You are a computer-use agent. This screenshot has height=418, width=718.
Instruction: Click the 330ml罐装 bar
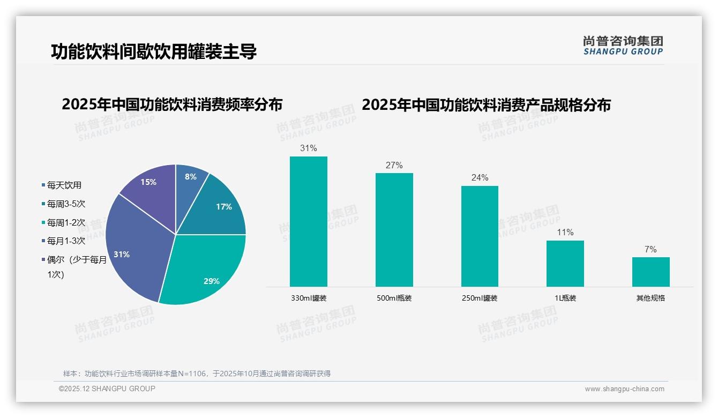tap(308, 221)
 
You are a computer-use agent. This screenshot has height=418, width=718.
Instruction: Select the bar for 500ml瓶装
tap(394, 229)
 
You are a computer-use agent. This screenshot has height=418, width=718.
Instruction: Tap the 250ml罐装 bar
tap(480, 236)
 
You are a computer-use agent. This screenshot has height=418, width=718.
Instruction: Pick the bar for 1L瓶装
tap(565, 263)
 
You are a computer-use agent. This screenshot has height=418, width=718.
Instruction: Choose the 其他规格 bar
tap(650, 272)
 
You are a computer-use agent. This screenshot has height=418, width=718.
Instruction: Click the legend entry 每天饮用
tap(64, 185)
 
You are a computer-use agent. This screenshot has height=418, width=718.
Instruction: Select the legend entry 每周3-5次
tap(66, 204)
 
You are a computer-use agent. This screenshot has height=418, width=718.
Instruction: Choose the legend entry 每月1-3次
tap(66, 241)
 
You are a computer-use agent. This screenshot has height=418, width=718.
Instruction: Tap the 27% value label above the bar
tap(394, 166)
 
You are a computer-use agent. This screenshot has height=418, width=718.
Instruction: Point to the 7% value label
tap(650, 250)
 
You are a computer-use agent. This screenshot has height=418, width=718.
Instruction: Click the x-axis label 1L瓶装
tap(565, 298)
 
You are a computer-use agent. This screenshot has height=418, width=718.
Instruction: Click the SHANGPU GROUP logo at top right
tap(623, 46)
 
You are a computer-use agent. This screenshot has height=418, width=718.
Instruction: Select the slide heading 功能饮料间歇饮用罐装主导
tap(154, 51)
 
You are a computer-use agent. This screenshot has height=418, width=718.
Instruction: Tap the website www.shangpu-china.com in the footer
tap(624, 389)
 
